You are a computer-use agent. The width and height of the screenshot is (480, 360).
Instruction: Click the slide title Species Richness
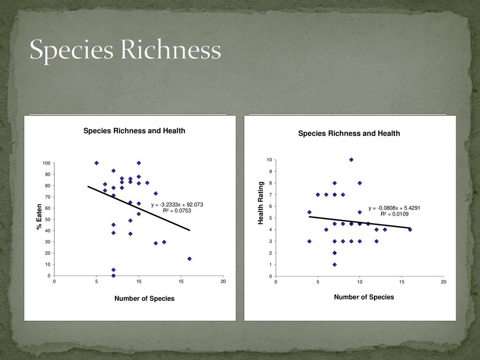(125, 50)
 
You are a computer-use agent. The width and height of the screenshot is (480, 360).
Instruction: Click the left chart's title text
(134, 131)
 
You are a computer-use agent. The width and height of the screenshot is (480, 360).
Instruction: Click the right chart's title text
(349, 134)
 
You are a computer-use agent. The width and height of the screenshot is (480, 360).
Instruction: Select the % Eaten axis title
(40, 217)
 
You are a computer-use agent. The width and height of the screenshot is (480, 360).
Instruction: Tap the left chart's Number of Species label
(144, 299)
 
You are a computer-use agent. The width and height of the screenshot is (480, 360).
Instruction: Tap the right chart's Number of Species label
(364, 297)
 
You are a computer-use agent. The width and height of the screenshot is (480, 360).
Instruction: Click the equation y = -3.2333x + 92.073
(177, 205)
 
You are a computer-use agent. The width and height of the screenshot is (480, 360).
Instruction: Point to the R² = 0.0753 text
(177, 210)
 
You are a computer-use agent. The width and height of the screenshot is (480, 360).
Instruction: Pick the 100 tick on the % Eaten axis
(46, 163)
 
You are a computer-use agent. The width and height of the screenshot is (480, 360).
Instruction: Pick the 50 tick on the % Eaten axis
(47, 219)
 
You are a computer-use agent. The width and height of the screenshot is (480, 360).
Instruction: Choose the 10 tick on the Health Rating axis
(269, 160)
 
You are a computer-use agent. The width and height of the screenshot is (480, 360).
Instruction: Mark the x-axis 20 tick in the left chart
(223, 281)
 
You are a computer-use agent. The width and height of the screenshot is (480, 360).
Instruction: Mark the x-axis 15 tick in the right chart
(402, 282)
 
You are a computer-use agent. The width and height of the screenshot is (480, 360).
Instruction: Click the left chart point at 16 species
(189, 259)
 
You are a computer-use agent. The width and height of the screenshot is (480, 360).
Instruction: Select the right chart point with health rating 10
(351, 160)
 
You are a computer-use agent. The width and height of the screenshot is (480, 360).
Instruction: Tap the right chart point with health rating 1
(335, 264)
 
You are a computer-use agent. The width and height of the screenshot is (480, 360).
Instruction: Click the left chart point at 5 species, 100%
(97, 163)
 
